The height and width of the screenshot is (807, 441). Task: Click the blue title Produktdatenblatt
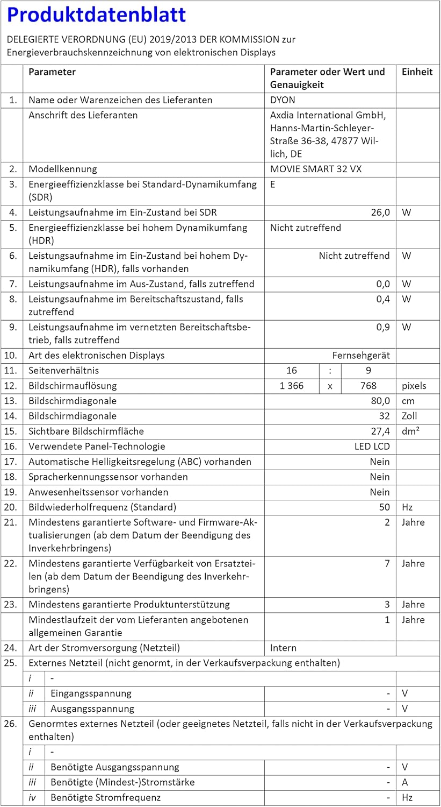pyautogui.click(x=97, y=15)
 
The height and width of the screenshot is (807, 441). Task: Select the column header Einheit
pyautogui.click(x=417, y=72)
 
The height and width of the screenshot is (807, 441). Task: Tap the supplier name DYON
pyautogui.click(x=283, y=100)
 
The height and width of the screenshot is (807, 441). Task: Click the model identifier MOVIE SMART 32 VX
pyautogui.click(x=316, y=169)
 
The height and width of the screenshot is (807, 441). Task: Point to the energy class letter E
pyautogui.click(x=273, y=185)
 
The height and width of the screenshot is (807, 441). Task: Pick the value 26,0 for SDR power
pyautogui.click(x=380, y=213)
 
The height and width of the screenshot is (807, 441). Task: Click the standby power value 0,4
pyautogui.click(x=383, y=299)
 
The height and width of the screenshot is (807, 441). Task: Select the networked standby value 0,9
pyautogui.click(x=383, y=327)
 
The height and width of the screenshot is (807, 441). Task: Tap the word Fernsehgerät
pyautogui.click(x=361, y=356)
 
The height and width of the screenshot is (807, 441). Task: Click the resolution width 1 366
pyautogui.click(x=292, y=386)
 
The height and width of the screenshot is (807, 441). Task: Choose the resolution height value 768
pyautogui.click(x=368, y=386)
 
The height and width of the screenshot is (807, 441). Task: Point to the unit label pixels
pyautogui.click(x=414, y=386)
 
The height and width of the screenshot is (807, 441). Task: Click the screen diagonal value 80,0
pyautogui.click(x=380, y=401)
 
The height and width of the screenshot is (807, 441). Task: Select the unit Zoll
pyautogui.click(x=409, y=416)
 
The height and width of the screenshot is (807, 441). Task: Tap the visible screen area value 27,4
pyautogui.click(x=380, y=431)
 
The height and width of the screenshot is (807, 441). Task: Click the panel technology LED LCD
pyautogui.click(x=372, y=447)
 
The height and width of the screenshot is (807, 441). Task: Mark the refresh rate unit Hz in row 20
pyautogui.click(x=407, y=507)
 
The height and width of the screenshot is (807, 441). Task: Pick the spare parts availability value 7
pyautogui.click(x=387, y=564)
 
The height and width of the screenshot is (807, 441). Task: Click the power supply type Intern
pyautogui.click(x=283, y=648)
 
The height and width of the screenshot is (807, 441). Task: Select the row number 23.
pyautogui.click(x=11, y=605)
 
